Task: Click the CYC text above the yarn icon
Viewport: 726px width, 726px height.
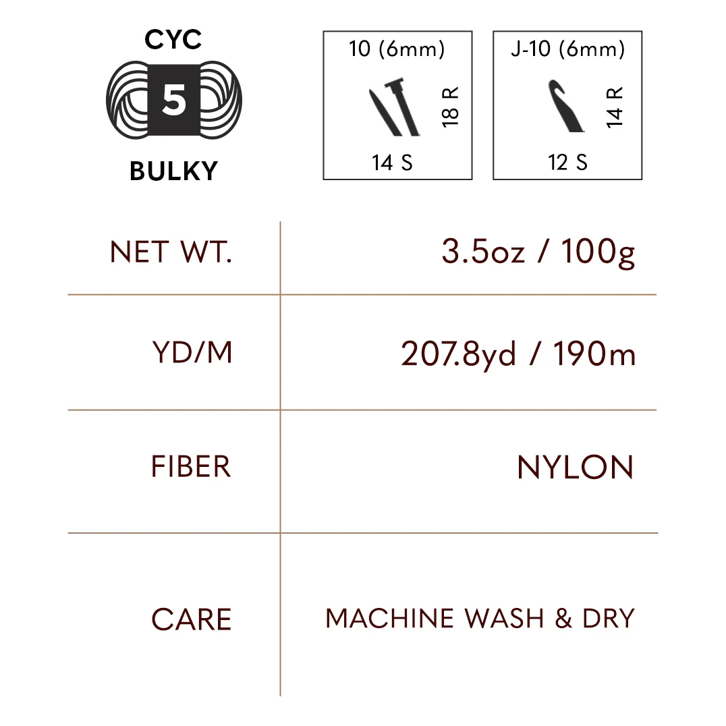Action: [x=173, y=40]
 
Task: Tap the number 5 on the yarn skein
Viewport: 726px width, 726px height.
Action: [x=173, y=101]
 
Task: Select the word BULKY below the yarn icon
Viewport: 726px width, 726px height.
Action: [x=173, y=171]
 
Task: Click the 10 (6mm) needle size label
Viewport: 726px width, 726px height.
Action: [x=397, y=50]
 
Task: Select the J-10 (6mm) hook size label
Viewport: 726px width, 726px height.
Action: [x=567, y=50]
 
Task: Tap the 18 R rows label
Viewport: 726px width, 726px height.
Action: [x=450, y=106]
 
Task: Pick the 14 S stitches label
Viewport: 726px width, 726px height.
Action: [x=392, y=163]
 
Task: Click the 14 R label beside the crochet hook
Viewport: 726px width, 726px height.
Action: [x=615, y=107]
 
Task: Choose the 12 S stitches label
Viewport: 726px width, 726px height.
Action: [x=567, y=163]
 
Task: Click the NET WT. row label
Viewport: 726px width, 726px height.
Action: [x=171, y=252]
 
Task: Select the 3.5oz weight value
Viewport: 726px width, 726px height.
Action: [x=483, y=252]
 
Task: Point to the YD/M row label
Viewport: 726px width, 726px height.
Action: [x=192, y=353]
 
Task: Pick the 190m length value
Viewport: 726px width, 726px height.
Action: [x=594, y=354]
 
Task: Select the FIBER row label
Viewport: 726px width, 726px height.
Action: [x=191, y=467]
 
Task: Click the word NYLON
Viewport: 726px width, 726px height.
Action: [x=575, y=468]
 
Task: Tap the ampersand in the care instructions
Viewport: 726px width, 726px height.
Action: [x=563, y=619]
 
